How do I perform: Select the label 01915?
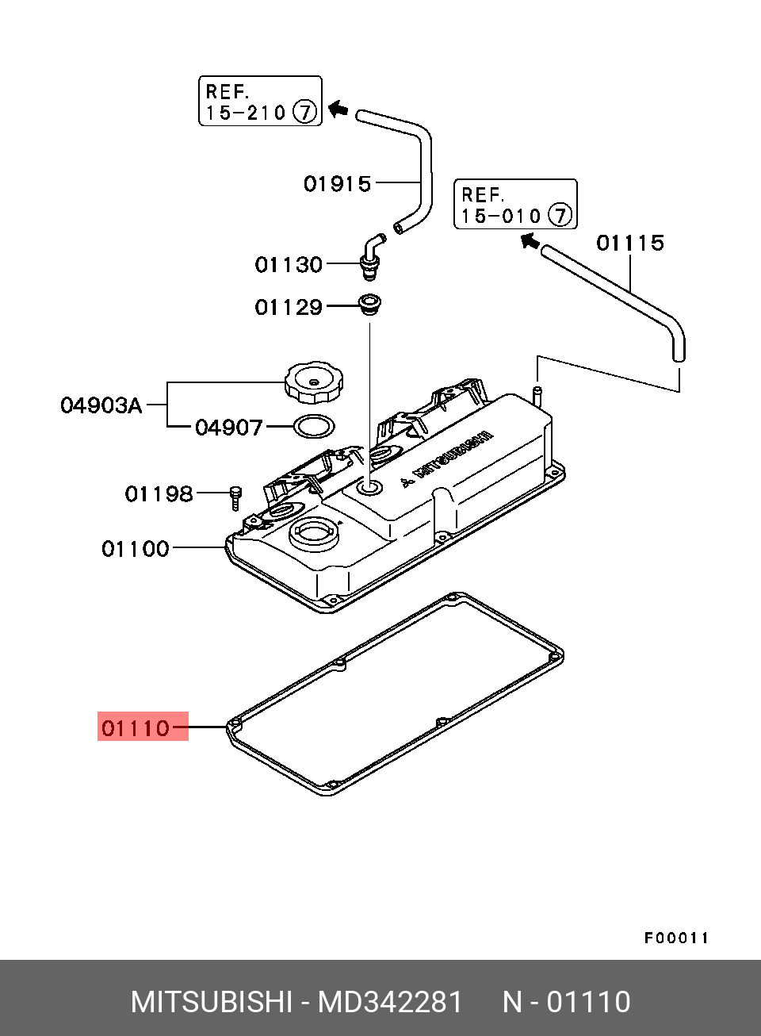pyautogui.click(x=337, y=184)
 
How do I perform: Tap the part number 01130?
pyautogui.click(x=289, y=264)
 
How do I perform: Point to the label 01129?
pyautogui.click(x=289, y=307)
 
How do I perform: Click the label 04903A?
pyautogui.click(x=101, y=405)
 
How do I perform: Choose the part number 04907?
pyautogui.click(x=228, y=428)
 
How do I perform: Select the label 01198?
pyautogui.click(x=159, y=494)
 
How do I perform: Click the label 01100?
pyautogui.click(x=136, y=548)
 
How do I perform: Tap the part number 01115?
pyautogui.click(x=629, y=243)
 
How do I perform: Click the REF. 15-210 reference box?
pyautogui.click(x=260, y=102)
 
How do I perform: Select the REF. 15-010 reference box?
pyautogui.click(x=515, y=205)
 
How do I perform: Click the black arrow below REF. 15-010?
pyautogui.click(x=530, y=239)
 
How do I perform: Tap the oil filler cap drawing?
pyautogui.click(x=314, y=382)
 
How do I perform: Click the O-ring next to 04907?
pyautogui.click(x=314, y=426)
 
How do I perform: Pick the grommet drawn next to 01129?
pyautogui.click(x=369, y=305)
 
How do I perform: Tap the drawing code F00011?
pyautogui.click(x=675, y=938)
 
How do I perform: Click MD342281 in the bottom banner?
pyautogui.click(x=389, y=1002)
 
